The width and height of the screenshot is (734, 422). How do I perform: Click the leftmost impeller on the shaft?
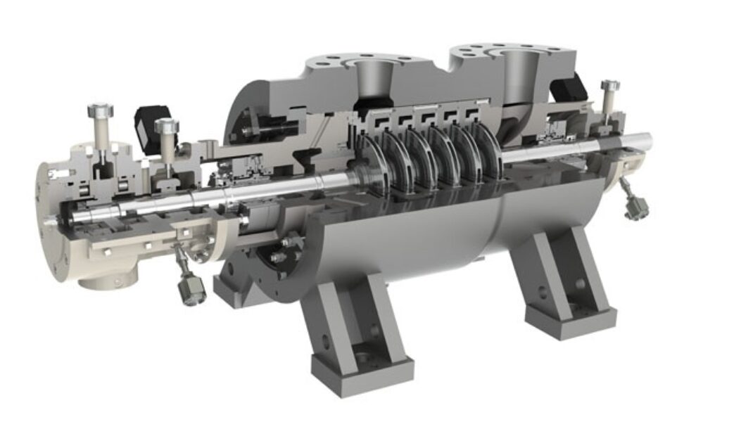pos(372,165)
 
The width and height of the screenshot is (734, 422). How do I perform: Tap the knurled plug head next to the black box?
pos(167,126)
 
